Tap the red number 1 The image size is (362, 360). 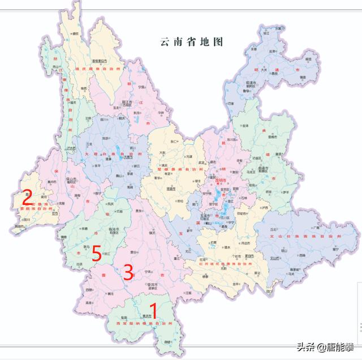pyautogui.click(x=151, y=311)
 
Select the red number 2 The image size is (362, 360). pyautogui.click(x=26, y=198)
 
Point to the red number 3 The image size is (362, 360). pyautogui.click(x=128, y=272)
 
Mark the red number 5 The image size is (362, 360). pyautogui.click(x=97, y=254)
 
